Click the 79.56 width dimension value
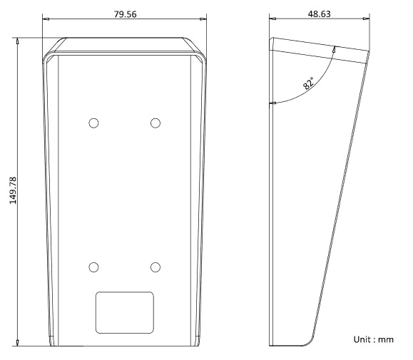[x=125, y=14]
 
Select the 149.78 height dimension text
[x=13, y=190]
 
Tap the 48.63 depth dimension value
[x=320, y=14]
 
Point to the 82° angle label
[x=308, y=83]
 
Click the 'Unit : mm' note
[x=374, y=339]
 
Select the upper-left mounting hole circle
[x=93, y=123]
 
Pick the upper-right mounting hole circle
[x=155, y=123]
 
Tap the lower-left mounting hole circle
[x=93, y=267]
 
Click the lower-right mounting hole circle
[x=155, y=267]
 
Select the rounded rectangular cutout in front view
[x=125, y=313]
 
